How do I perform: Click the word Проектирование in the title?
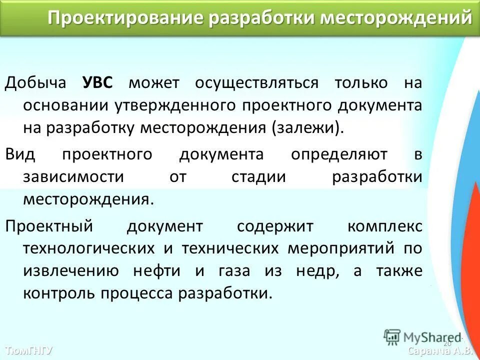(125, 18)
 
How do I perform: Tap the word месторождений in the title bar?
(395, 18)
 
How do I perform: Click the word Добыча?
(35, 82)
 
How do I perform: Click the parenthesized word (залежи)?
(308, 128)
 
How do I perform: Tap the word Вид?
(20, 154)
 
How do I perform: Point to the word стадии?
(258, 177)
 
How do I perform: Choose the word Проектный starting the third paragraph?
(49, 226)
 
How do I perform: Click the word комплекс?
(384, 226)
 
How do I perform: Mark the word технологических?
(89, 248)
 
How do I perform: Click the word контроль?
(59, 293)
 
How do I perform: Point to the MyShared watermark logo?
(422, 336)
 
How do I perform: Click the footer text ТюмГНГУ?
(28, 350)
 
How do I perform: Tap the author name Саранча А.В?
(440, 350)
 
